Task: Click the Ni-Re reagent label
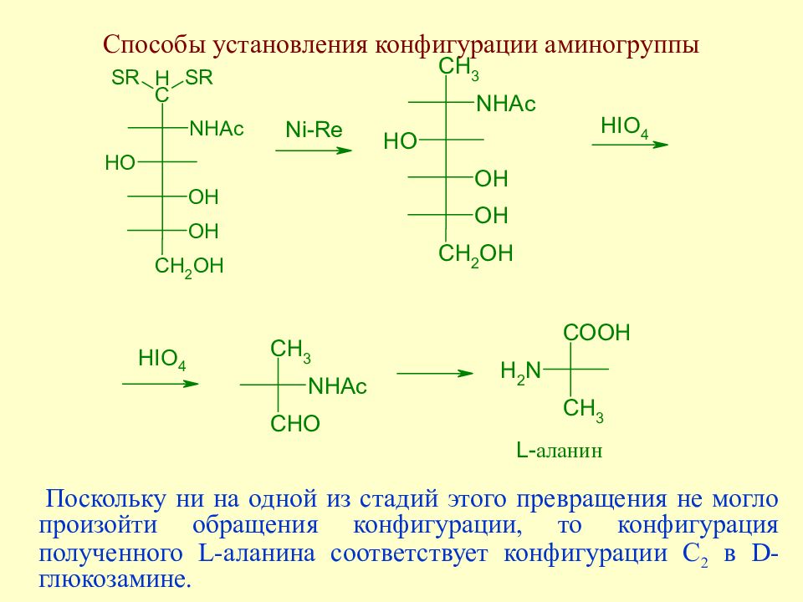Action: pos(314,130)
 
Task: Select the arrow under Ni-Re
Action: pos(314,150)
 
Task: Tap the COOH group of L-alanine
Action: pos(596,333)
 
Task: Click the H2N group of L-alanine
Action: pos(521,370)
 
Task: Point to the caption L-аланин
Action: pos(560,451)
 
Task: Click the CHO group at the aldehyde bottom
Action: pos(295,423)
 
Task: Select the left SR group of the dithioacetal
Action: pos(125,78)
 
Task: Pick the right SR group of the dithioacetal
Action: pos(199,78)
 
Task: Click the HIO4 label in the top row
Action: pos(625,127)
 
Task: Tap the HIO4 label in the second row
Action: pos(161,360)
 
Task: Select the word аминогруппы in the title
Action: pos(621,46)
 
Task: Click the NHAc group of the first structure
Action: pos(217,129)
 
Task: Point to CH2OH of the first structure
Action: pos(189,268)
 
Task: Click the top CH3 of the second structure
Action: pos(459,68)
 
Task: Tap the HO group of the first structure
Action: pos(120,163)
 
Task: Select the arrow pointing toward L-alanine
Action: pos(435,373)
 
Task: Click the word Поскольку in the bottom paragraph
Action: pos(105,498)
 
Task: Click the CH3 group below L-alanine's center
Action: pos(583,410)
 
